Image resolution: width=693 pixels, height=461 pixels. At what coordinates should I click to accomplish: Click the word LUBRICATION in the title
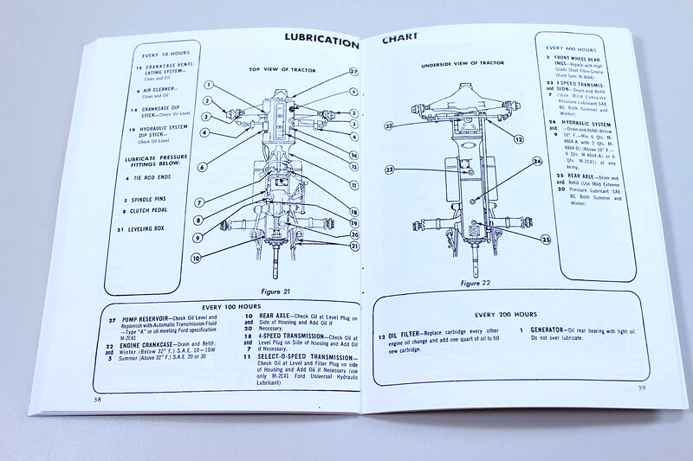(321, 42)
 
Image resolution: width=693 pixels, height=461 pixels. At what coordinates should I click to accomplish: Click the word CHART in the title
(400, 37)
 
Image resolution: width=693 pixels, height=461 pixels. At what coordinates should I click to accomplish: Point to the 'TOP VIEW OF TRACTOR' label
(282, 69)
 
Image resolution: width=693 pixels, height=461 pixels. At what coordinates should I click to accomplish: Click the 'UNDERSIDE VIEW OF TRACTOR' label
(463, 64)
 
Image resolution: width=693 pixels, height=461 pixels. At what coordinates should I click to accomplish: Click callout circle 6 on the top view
(201, 167)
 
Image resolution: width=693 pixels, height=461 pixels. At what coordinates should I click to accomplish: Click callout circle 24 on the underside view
(537, 162)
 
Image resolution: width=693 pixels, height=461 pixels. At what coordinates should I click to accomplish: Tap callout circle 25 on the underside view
(546, 239)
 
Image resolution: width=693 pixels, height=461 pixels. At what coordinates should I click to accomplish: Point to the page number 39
(642, 387)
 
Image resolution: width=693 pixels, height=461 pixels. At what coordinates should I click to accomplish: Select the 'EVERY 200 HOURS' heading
(506, 314)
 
